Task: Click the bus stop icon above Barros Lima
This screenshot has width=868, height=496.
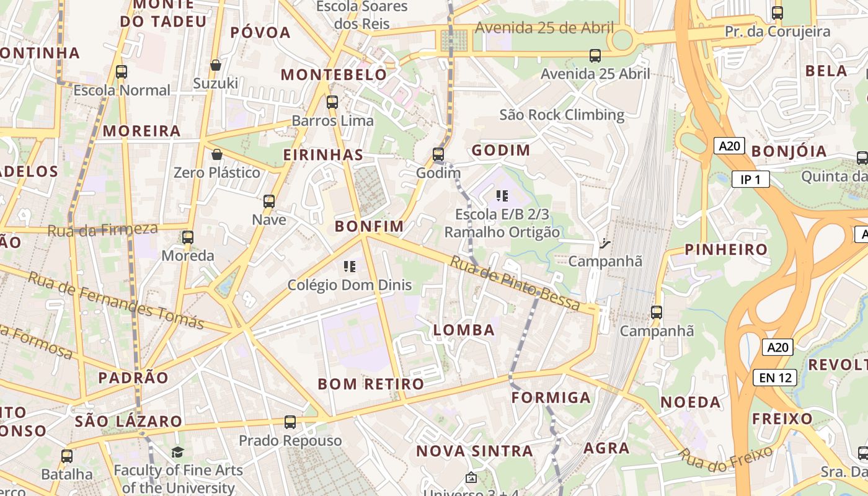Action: (332, 102)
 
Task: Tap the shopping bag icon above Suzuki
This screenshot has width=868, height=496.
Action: (216, 65)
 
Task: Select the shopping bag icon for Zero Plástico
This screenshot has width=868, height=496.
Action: (217, 154)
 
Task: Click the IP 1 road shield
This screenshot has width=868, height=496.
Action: (750, 180)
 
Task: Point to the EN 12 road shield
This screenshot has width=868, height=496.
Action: (775, 377)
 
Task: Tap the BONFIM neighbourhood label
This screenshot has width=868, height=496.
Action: (369, 226)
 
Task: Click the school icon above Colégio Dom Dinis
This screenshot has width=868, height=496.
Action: (350, 267)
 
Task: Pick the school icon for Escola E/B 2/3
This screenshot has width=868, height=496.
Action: (502, 197)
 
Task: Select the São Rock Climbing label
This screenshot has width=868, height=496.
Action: (562, 115)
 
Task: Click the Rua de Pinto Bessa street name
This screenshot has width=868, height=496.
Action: (515, 283)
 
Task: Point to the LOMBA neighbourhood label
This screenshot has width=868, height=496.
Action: (464, 330)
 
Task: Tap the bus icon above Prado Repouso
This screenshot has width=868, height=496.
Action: (290, 422)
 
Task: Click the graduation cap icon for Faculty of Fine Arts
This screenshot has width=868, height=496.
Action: (178, 452)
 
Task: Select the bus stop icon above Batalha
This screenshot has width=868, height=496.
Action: (67, 456)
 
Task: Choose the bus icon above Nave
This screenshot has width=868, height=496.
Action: (269, 201)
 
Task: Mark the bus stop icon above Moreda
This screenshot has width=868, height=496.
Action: (188, 237)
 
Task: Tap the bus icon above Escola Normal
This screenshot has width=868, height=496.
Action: (122, 71)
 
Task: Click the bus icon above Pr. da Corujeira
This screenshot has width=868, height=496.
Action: (777, 12)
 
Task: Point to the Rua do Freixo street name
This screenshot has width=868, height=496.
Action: (725, 457)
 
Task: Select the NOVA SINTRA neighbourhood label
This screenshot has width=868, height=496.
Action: (474, 451)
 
